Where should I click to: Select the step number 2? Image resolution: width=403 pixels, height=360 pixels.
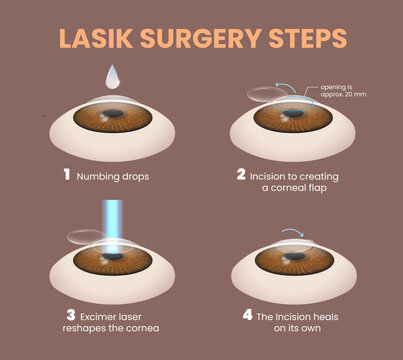[x=241, y=173]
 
